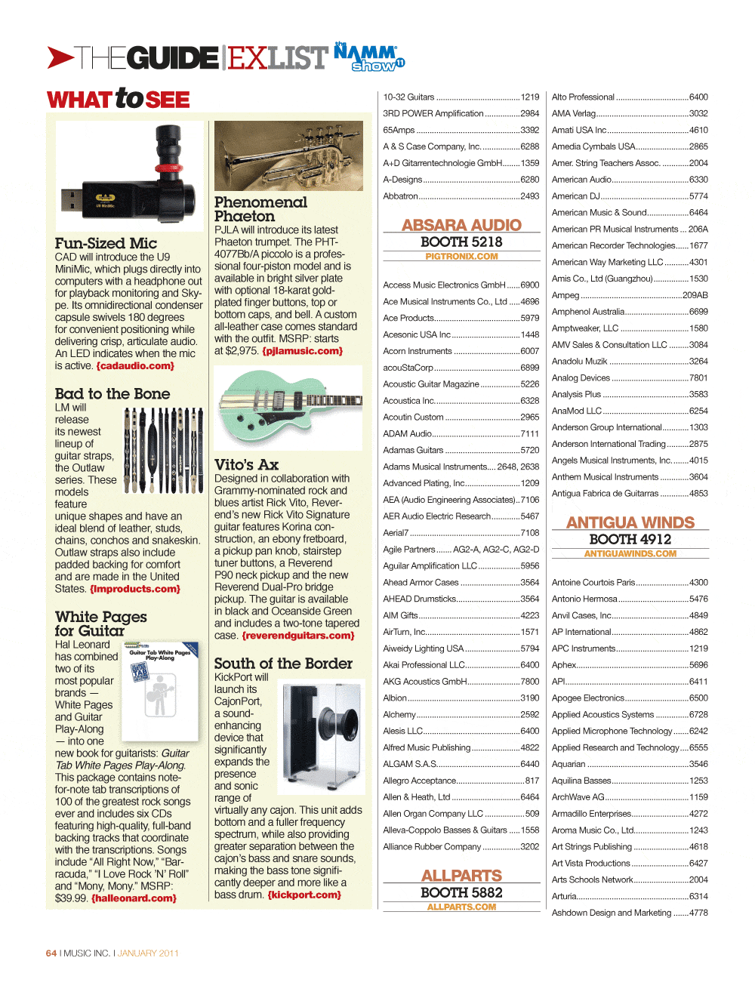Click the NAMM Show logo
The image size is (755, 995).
click(x=370, y=57)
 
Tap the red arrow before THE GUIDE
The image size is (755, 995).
click(x=60, y=57)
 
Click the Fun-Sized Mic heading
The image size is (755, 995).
click(x=106, y=243)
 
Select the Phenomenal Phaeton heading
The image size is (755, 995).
click(x=260, y=209)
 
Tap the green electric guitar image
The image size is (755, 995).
click(x=288, y=408)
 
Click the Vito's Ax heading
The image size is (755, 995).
click(x=246, y=464)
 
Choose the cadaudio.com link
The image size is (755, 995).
click(x=135, y=366)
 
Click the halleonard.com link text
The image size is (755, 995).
click(x=134, y=898)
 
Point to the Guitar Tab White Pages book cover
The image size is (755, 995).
click(x=160, y=691)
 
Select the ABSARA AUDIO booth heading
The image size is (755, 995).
click(x=461, y=225)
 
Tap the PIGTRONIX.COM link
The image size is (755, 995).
click(x=461, y=257)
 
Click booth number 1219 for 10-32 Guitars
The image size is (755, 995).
click(x=530, y=97)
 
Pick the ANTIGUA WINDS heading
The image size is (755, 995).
click(x=630, y=522)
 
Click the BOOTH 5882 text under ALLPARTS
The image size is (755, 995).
click(x=461, y=892)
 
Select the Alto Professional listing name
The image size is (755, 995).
click(x=583, y=97)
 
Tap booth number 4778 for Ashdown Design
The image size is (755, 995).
click(x=698, y=913)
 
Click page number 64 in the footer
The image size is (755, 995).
click(x=51, y=953)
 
